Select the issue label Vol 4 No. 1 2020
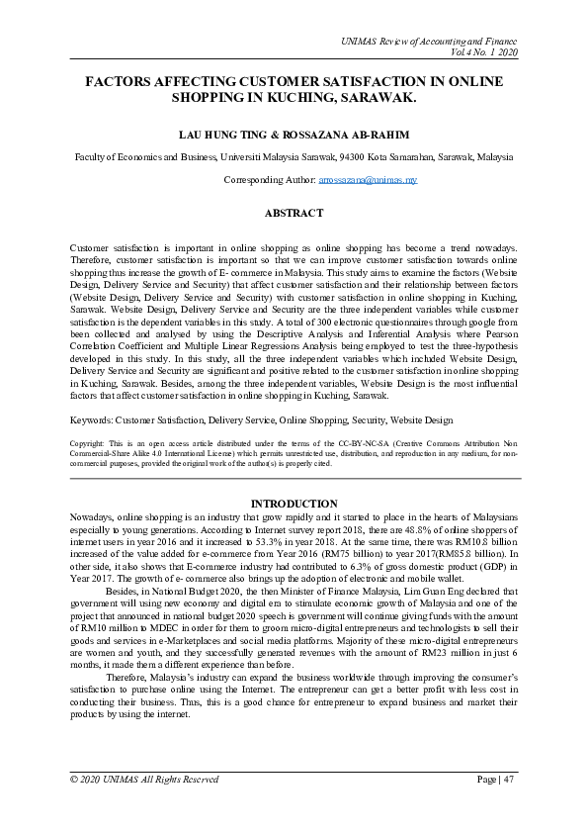483,52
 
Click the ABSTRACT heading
294,213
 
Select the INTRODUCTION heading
294,504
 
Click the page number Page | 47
496,781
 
